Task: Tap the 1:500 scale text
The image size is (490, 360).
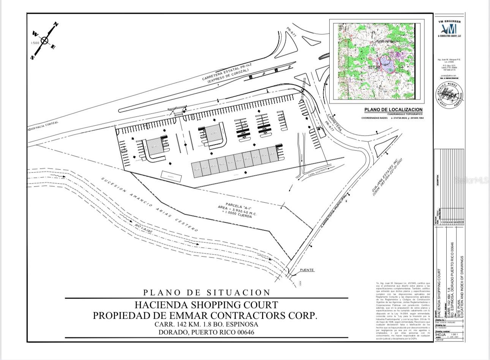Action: (35, 43)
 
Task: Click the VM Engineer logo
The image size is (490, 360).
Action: (449, 29)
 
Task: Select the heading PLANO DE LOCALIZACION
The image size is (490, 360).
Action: (393, 110)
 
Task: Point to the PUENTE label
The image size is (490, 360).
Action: (307, 270)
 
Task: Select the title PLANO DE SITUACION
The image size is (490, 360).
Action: (207, 292)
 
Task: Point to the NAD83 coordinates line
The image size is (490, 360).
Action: (392, 118)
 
